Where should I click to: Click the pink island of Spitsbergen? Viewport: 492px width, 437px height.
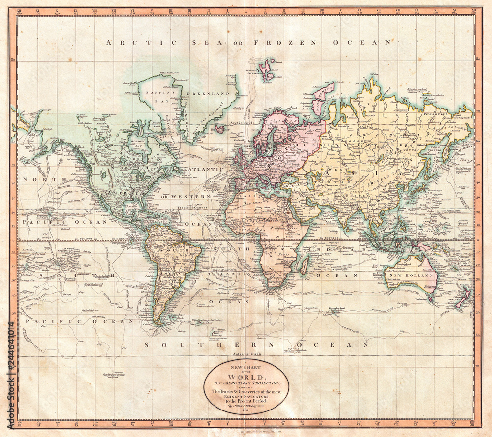pos(267,70)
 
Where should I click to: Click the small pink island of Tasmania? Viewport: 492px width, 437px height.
pos(430,297)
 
